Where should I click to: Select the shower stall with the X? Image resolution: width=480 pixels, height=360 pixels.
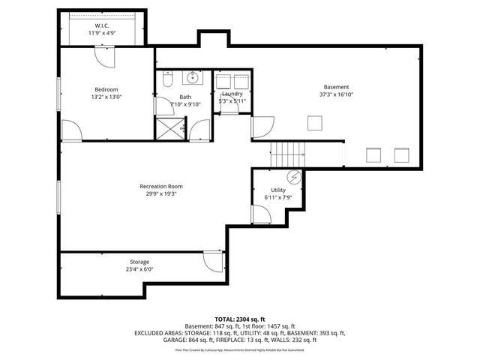[x=166, y=128]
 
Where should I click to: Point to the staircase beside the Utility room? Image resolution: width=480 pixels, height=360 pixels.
[x=288, y=154]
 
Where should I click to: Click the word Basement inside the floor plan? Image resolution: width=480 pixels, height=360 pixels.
[x=335, y=87]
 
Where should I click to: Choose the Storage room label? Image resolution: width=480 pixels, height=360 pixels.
[x=138, y=262]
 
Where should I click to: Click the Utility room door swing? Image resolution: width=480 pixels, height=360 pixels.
[x=259, y=215]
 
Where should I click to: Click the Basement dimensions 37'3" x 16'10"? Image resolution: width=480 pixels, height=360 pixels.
[x=335, y=95]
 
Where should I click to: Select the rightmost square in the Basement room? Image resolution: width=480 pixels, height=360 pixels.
[x=402, y=155]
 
